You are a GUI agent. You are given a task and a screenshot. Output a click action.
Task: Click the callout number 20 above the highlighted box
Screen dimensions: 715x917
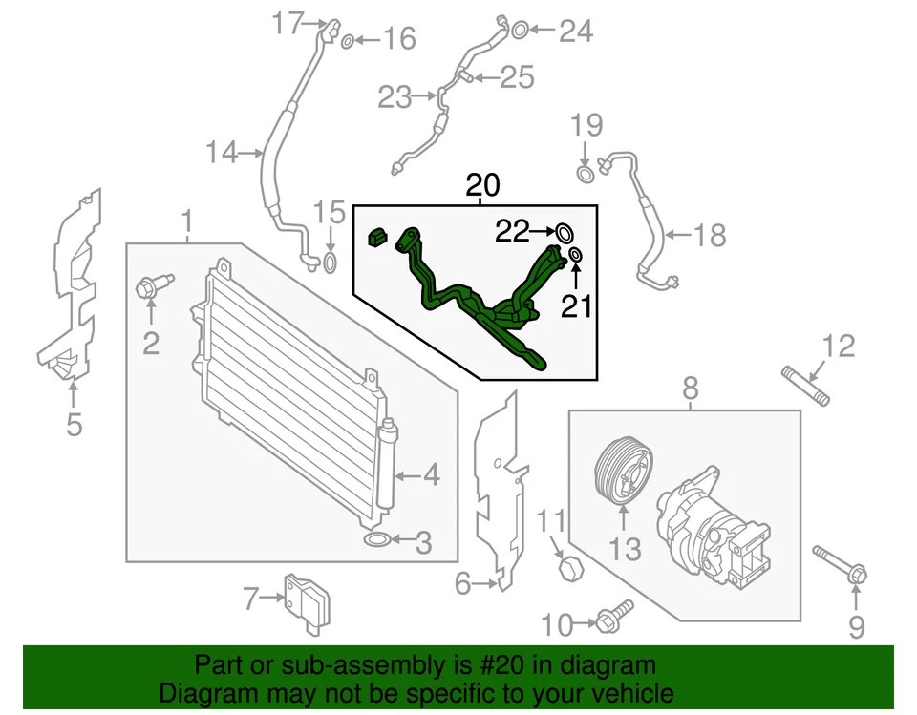pyautogui.click(x=482, y=185)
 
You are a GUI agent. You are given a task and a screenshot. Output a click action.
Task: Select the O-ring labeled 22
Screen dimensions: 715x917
pyautogui.click(x=564, y=232)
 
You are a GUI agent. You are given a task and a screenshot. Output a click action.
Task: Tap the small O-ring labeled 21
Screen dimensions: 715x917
pyautogui.click(x=576, y=255)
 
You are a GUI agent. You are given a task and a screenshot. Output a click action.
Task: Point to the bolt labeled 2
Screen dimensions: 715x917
pyautogui.click(x=153, y=285)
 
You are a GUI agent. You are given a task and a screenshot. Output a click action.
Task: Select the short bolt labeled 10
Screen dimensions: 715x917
pyautogui.click(x=612, y=619)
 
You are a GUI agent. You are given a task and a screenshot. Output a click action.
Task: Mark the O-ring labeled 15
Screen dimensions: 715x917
pyautogui.click(x=330, y=263)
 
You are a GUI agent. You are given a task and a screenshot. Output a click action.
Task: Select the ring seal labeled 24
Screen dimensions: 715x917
pyautogui.click(x=517, y=31)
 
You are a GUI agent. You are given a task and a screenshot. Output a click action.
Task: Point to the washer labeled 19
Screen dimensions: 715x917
pyautogui.click(x=586, y=173)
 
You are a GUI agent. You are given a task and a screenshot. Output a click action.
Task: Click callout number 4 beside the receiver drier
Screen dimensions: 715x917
pyautogui.click(x=431, y=474)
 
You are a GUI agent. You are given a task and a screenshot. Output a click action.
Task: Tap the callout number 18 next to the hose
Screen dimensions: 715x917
pyautogui.click(x=710, y=236)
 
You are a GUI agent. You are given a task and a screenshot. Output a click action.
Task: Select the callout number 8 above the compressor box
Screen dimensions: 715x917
pyautogui.click(x=690, y=388)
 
